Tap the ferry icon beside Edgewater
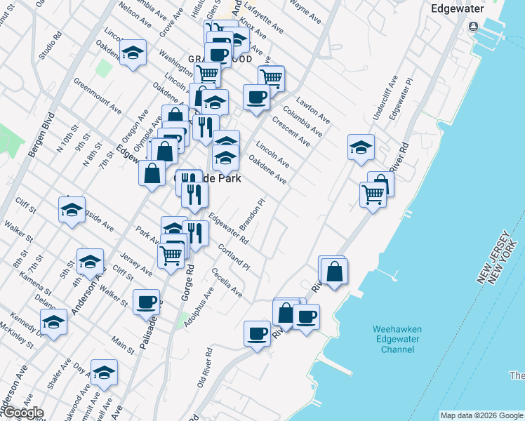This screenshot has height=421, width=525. tap(473, 27)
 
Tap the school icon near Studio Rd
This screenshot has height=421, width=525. tap(132, 53)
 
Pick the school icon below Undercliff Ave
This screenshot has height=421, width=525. tap(361, 147)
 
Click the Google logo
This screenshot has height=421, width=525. tap(22, 413)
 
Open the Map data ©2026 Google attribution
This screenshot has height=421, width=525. tap(481, 415)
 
